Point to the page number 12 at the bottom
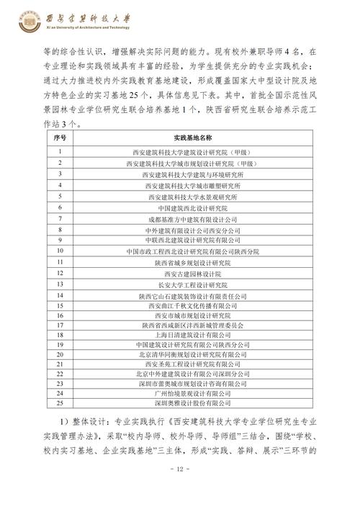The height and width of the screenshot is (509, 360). click(180, 469)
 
